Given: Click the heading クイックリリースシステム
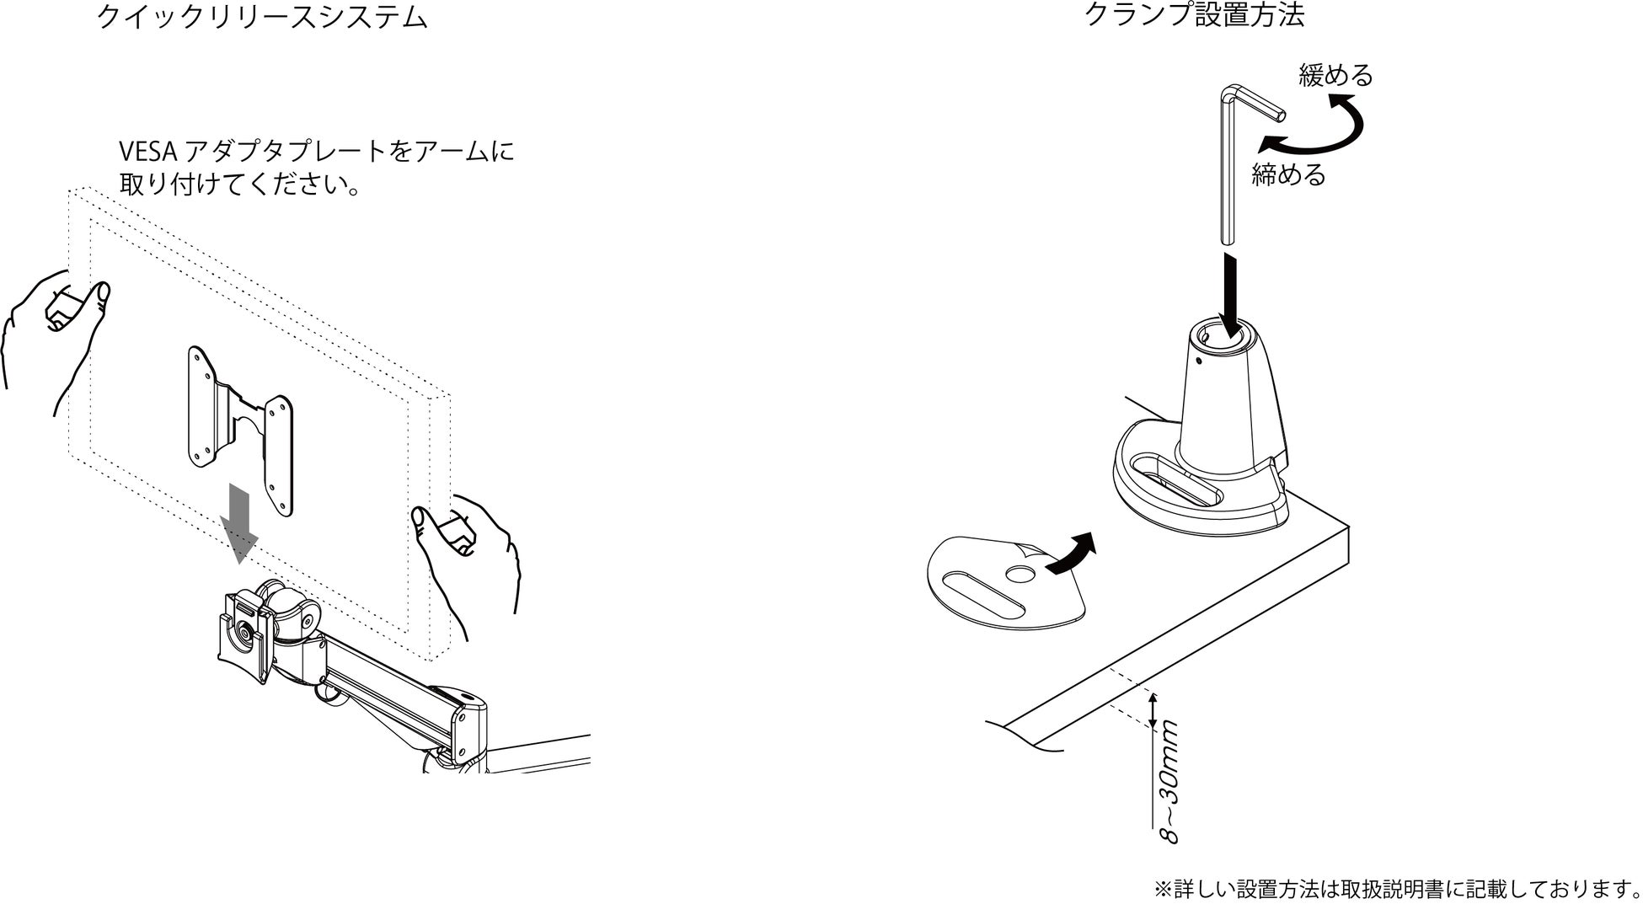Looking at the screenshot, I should click(262, 18).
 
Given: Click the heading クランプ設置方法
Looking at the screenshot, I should click(1194, 16).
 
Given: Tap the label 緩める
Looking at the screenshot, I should click(1335, 76).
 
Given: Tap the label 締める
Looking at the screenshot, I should click(1288, 175).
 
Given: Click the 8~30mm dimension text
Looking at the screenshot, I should click(1169, 781).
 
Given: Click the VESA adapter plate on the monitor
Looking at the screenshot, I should click(241, 430).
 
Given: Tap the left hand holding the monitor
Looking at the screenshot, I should click(59, 329).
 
